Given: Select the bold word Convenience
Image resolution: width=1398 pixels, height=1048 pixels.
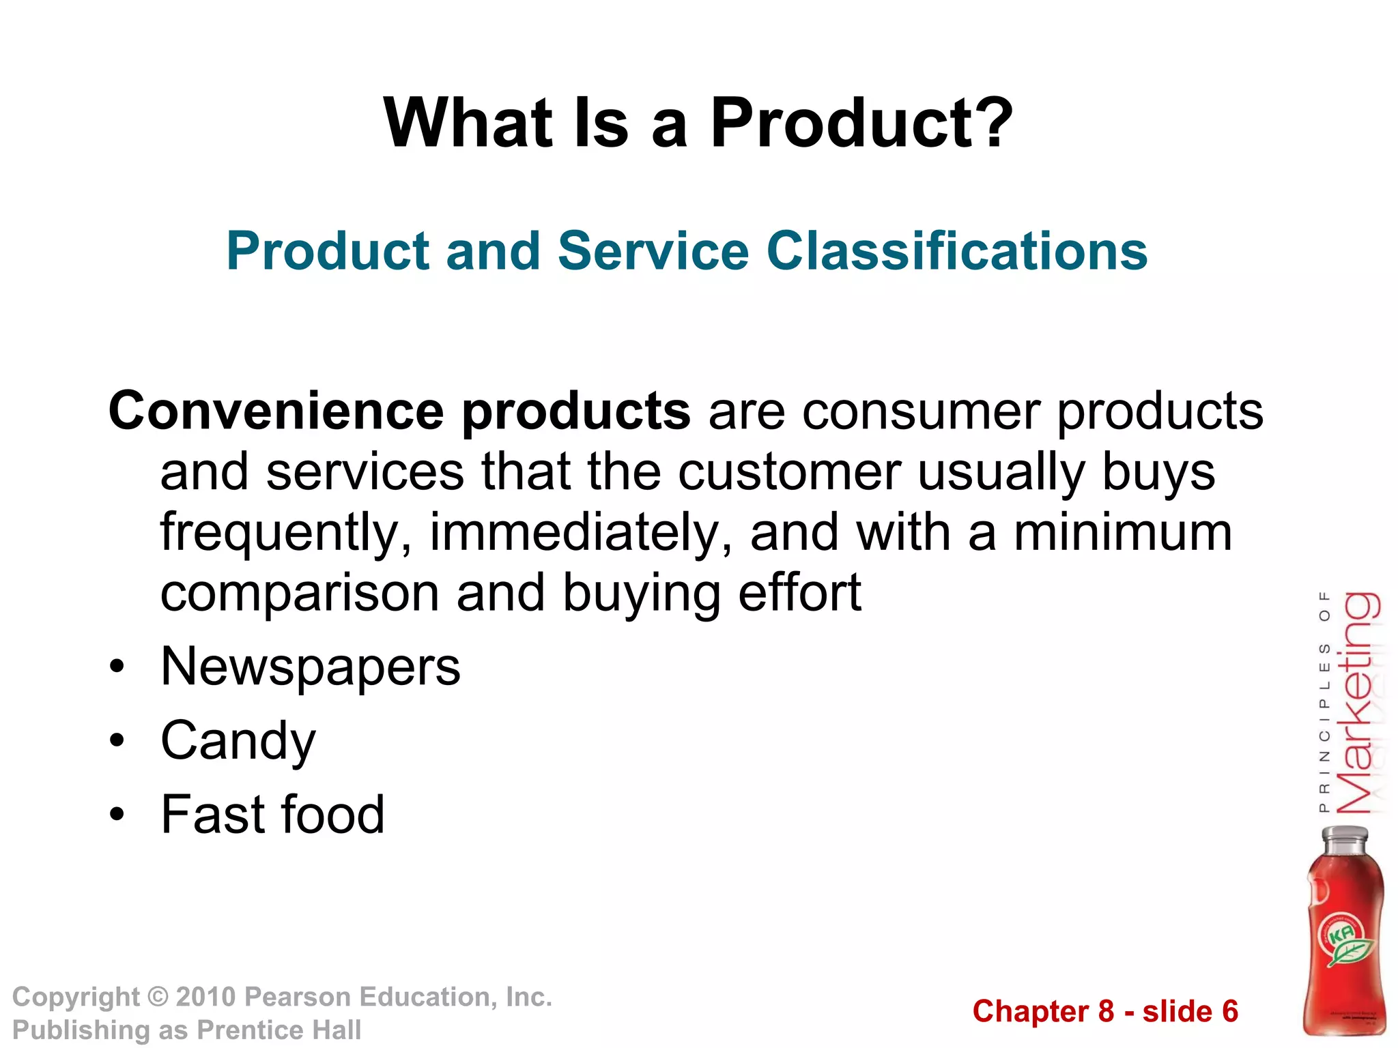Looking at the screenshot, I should (276, 411).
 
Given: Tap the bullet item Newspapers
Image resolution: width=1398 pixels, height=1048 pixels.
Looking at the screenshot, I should (311, 667).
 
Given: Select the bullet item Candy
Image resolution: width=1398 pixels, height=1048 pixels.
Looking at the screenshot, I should (238, 742).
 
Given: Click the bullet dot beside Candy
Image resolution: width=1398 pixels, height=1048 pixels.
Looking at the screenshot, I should (117, 740).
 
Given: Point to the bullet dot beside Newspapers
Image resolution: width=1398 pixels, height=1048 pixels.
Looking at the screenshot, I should (117, 667).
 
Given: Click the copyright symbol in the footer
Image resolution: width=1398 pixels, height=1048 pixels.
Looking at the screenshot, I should (158, 997).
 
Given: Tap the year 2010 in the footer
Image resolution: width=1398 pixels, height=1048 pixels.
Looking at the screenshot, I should (205, 997).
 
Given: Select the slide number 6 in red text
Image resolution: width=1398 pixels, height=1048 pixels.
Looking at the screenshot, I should (1229, 1011).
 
